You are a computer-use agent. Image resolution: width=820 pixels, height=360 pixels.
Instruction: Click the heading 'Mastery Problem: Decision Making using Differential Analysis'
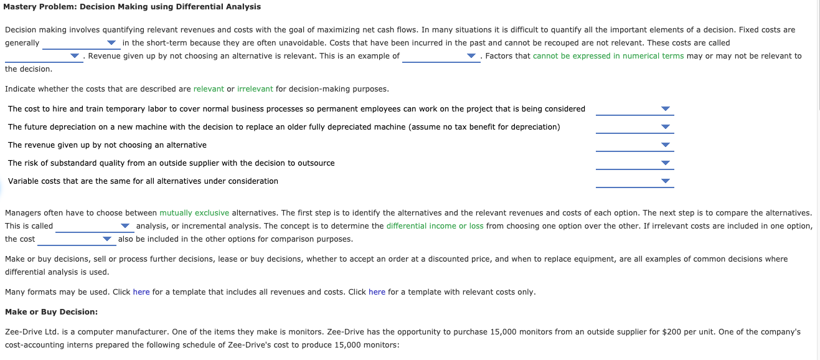[x=133, y=7]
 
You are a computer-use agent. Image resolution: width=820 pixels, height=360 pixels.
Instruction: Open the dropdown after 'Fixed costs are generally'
[x=80, y=43]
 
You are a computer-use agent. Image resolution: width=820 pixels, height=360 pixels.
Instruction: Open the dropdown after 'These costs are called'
[x=44, y=56]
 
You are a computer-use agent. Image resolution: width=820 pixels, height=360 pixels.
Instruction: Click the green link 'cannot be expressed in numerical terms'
[x=608, y=56]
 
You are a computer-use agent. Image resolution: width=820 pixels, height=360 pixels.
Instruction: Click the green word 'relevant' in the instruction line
[x=209, y=89]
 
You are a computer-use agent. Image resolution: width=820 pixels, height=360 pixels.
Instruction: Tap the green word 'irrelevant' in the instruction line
[x=255, y=89]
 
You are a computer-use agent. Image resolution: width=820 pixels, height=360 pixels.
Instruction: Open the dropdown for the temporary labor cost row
[x=634, y=109]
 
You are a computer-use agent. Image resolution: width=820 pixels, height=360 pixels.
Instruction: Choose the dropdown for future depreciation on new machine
[x=634, y=127]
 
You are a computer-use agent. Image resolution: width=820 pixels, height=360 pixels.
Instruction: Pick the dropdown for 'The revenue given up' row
[x=634, y=145]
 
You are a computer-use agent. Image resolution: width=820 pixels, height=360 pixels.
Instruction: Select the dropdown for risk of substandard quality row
[x=634, y=163]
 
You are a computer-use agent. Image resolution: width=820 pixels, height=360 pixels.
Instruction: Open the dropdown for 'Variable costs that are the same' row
[x=634, y=181]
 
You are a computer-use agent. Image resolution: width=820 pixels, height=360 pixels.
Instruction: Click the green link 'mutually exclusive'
[x=194, y=213]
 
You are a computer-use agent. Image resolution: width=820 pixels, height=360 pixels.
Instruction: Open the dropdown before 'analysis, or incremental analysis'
[x=94, y=226]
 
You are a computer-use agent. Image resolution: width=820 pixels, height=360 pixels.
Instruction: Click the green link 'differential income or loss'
[x=435, y=226]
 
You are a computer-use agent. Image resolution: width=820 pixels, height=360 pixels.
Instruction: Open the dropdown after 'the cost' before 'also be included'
[x=76, y=239]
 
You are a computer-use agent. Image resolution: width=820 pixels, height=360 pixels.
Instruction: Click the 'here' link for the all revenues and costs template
[x=141, y=292]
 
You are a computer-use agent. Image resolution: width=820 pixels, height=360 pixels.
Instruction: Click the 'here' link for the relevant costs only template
[x=377, y=292]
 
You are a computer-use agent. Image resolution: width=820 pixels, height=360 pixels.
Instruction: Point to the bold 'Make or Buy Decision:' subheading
[x=51, y=312]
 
